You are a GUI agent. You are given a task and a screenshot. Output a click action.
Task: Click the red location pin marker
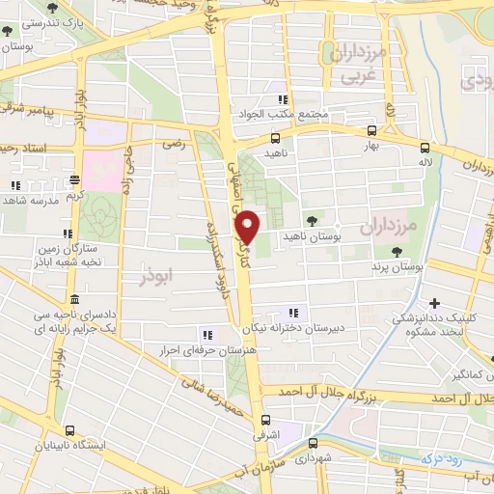tap(248, 227)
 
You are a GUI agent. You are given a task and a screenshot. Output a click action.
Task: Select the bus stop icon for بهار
tap(372, 130)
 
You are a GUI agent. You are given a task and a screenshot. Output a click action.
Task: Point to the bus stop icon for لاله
tap(425, 147)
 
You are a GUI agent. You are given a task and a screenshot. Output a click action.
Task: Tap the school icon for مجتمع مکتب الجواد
tap(283, 99)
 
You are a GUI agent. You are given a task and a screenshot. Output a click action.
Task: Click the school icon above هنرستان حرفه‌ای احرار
tap(206, 334)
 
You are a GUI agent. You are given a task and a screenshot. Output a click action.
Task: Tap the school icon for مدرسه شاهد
tap(15, 185)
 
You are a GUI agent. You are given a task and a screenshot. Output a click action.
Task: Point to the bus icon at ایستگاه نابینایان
tap(68, 431)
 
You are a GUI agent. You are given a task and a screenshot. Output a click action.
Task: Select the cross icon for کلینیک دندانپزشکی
tap(434, 304)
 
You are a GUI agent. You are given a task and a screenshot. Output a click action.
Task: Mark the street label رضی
tap(174, 144)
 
